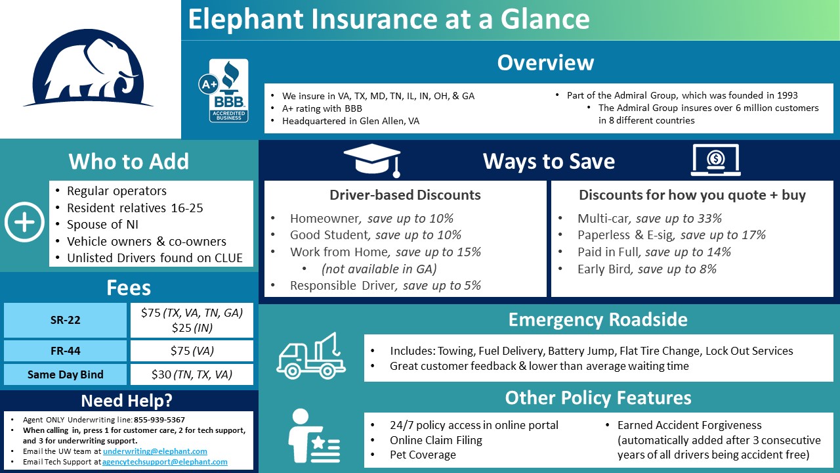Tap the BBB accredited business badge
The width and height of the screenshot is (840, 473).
[x=227, y=90]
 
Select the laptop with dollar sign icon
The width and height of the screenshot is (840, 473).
[x=715, y=160]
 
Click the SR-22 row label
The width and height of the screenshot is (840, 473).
[x=65, y=321]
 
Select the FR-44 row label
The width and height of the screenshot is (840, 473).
[x=65, y=350]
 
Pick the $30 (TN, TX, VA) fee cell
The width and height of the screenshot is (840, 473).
[x=192, y=374]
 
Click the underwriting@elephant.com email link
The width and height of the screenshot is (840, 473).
[x=155, y=451]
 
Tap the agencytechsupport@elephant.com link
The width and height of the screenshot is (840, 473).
[x=165, y=462]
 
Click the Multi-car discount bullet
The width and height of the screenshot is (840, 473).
[x=649, y=218]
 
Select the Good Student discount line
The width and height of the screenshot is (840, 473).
[x=375, y=235]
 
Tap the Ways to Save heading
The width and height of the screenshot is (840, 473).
[x=549, y=162]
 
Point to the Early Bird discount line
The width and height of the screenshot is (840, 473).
[x=646, y=269]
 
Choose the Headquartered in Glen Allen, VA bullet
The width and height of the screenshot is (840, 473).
[x=350, y=121]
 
